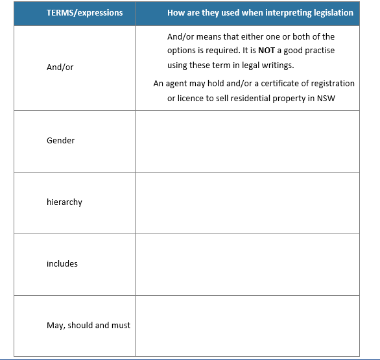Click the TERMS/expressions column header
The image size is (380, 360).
point(84,12)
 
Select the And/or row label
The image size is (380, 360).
point(60,67)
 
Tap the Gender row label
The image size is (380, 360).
point(60,140)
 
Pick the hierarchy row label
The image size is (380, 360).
point(64,202)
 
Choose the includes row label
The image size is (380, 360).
point(62,263)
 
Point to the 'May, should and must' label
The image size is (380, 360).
point(88,325)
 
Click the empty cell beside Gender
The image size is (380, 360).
point(247,141)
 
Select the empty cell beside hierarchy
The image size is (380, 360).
point(247,202)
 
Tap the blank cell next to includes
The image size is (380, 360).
point(247,264)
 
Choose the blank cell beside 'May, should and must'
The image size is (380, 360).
point(247,325)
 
